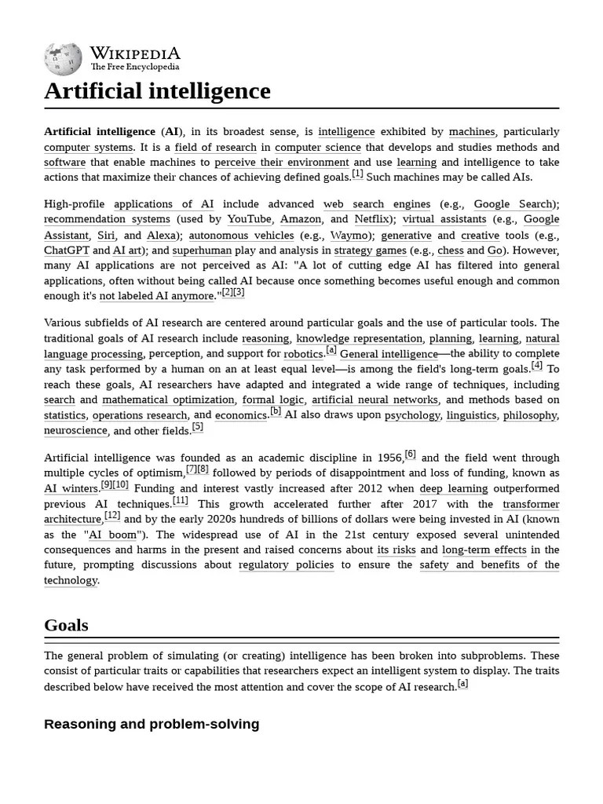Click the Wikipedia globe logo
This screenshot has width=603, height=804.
coord(63,59)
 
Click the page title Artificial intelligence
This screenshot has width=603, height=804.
coord(157,91)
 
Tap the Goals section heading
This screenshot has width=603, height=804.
coord(66,625)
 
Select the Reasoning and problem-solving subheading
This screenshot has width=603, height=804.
coord(152,724)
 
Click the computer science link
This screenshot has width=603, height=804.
coord(318,147)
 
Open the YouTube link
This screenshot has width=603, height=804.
coord(250,219)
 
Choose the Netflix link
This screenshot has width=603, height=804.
coord(371,219)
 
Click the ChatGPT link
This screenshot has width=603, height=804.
coord(66,250)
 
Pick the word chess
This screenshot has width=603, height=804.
coord(451,250)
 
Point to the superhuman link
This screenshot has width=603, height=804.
coord(202,250)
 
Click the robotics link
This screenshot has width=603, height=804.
coord(303,353)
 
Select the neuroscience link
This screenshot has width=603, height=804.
coord(75,430)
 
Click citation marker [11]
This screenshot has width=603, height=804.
coord(181,501)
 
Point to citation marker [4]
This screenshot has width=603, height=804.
coord(536,365)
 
